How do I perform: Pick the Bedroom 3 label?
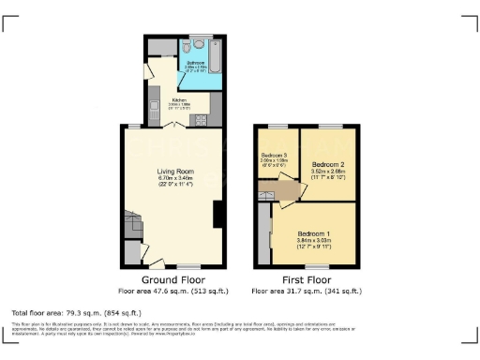(x=275, y=154)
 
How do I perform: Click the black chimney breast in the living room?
(x=217, y=214)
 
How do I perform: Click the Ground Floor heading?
(x=174, y=280)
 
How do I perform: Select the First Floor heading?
(x=307, y=280)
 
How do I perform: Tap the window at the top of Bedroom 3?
(x=277, y=126)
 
